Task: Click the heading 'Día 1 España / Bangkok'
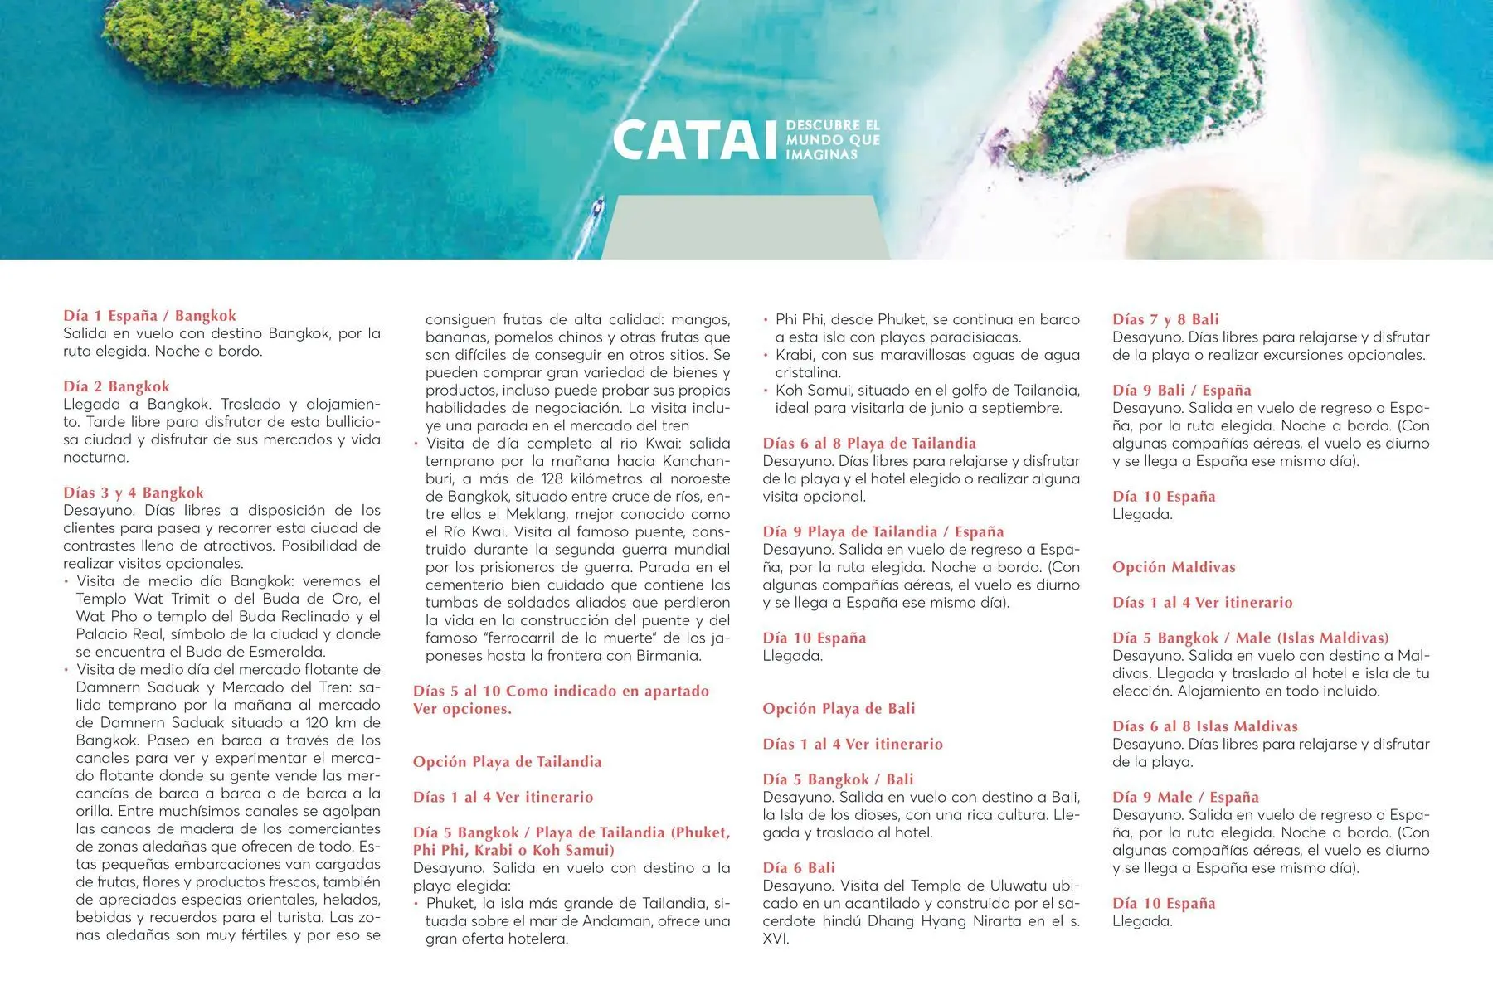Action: [149, 315]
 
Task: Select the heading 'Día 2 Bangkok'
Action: [116, 386]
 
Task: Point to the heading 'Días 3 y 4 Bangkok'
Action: [133, 493]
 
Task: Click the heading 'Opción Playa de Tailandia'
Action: [507, 762]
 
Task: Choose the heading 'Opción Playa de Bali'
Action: [839, 709]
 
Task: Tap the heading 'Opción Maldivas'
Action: [1174, 567]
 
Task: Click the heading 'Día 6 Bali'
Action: [799, 868]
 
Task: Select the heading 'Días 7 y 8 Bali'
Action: [1165, 319]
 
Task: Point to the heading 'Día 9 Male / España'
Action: [1185, 798]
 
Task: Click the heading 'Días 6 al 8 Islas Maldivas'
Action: [1204, 726]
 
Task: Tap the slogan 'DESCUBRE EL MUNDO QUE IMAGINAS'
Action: [832, 140]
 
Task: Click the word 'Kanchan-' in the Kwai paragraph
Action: [696, 461]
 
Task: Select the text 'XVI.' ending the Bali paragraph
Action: [776, 939]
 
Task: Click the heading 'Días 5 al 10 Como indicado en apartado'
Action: [561, 692]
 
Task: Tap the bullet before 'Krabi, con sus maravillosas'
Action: [766, 356]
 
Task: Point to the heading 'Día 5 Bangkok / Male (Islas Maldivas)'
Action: [1250, 638]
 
